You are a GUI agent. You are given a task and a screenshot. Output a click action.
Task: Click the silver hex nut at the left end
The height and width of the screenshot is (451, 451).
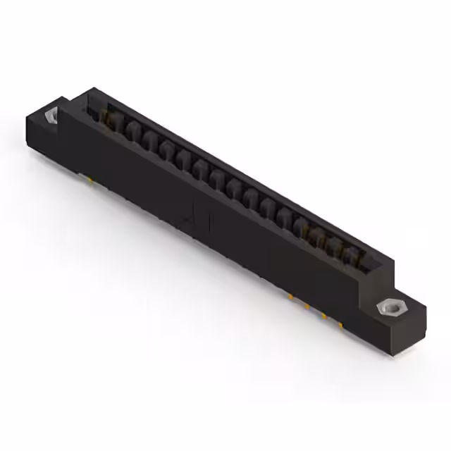52,116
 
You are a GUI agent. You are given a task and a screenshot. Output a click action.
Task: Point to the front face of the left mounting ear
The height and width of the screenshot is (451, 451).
42,137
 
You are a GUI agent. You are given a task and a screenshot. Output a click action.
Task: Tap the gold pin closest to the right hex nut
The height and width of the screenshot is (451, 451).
340,325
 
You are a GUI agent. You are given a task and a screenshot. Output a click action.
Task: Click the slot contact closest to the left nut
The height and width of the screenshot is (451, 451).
113,121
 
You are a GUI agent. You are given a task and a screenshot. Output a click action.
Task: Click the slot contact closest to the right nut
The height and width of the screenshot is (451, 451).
350,252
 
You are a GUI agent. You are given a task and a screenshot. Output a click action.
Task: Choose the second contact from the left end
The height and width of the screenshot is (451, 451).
132,130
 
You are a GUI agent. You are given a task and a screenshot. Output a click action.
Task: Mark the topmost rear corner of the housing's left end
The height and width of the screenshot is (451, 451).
92,89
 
